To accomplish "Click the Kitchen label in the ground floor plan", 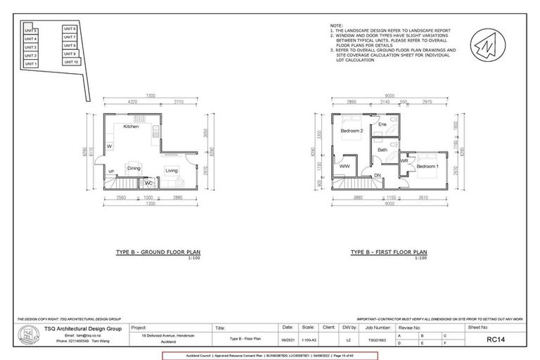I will [131, 127].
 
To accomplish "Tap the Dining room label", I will [134, 169].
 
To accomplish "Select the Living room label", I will [172, 170].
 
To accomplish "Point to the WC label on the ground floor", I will [148, 183].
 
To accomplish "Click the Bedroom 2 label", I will [352, 131].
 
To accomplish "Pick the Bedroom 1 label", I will [427, 166].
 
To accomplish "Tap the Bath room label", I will [382, 150].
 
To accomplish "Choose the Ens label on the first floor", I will [382, 125].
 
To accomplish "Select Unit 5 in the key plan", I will [31, 31].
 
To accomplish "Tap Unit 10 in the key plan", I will [70, 62].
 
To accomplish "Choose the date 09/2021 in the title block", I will [288, 339].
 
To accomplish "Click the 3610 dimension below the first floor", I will [420, 199].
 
